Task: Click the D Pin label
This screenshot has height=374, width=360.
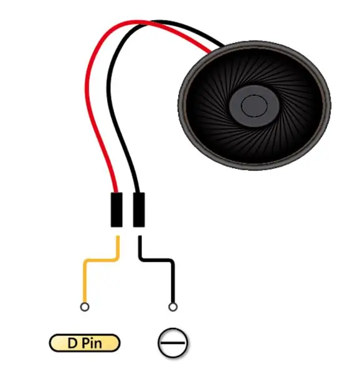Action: (x=85, y=343)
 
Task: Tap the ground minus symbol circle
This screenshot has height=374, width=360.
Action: (x=173, y=343)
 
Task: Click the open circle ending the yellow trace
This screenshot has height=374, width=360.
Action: (x=85, y=307)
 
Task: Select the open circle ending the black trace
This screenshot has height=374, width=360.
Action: (x=173, y=307)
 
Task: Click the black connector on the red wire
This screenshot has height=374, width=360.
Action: (x=116, y=209)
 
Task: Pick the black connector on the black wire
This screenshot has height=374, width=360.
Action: (x=139, y=209)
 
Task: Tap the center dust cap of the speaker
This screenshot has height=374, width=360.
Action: (x=254, y=106)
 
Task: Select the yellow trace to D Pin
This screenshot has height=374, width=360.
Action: (x=95, y=260)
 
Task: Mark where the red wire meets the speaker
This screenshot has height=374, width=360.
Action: (x=210, y=52)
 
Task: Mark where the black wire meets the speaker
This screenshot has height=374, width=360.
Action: (x=222, y=46)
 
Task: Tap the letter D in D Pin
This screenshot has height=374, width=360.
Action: (x=72, y=343)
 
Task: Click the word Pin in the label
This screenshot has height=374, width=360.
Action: (x=92, y=343)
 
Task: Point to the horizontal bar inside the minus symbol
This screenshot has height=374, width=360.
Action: (x=173, y=343)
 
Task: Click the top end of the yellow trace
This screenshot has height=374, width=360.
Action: (x=118, y=236)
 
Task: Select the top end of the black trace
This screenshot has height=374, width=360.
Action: (x=140, y=236)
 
